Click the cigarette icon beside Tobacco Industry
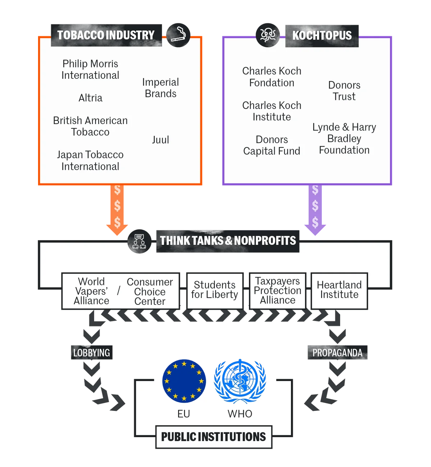pyautogui.click(x=178, y=35)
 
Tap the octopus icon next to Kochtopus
pyautogui.click(x=268, y=35)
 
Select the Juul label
pyautogui.click(x=161, y=140)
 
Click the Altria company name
pyautogui.click(x=91, y=98)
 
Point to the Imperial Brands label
pyautogui.click(x=161, y=88)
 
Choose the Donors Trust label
pyautogui.click(x=344, y=91)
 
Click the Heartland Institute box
pyautogui.click(x=339, y=291)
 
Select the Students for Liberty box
pyautogui.click(x=215, y=291)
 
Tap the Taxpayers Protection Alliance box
pyautogui.click(x=278, y=291)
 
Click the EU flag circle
pyautogui.click(x=184, y=381)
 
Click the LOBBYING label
pyautogui.click(x=92, y=352)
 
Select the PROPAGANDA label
pyautogui.click(x=338, y=352)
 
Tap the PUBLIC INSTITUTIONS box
pyautogui.click(x=214, y=437)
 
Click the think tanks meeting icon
pyautogui.click(x=139, y=241)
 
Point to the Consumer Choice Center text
pyautogui.click(x=150, y=292)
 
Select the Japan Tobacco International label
pyautogui.click(x=91, y=161)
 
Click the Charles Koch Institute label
pyautogui.click(x=272, y=111)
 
